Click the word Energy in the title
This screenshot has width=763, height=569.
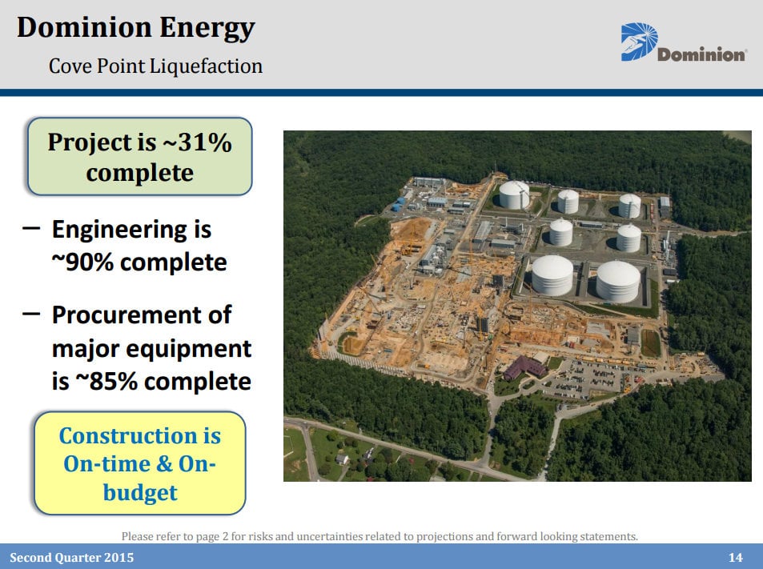coord(207,28)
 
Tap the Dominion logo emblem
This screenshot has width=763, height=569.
coord(639,42)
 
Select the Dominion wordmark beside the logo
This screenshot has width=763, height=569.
coord(701,54)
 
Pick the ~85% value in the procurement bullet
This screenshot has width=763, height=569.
coord(106,382)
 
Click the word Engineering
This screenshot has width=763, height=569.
coord(120,230)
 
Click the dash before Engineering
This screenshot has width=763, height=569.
coord(31,227)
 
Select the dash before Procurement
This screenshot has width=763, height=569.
coord(31,313)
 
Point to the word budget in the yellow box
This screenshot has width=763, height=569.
coord(140,493)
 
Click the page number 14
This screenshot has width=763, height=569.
coord(735,557)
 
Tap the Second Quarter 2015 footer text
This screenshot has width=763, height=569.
coord(71,557)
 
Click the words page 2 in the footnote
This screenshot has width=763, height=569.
coord(212,536)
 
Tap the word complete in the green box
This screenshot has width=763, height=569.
coord(139,173)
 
